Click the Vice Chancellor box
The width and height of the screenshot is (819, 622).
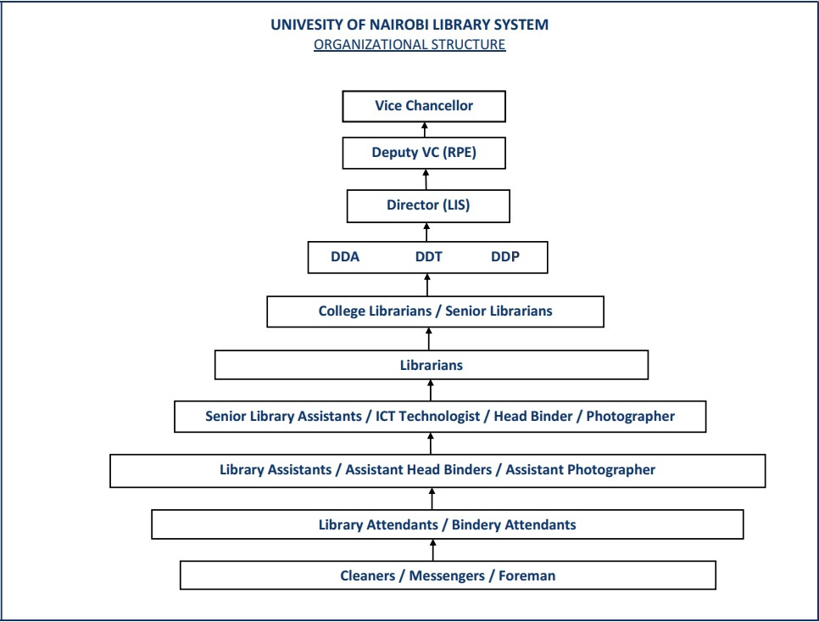coord(424,106)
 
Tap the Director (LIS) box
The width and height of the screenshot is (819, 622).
coord(428,205)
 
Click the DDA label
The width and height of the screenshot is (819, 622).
coord(345,257)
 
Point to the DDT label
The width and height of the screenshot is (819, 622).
coord(428,257)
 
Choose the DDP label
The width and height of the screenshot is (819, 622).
coord(505,257)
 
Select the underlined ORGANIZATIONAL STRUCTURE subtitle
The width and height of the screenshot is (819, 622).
coord(409,45)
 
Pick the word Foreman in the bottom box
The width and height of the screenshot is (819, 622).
coord(526,576)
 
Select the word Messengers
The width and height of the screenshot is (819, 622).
coord(446,576)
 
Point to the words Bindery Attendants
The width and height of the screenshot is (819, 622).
coord(514,524)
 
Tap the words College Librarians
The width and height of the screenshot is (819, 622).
coord(374,311)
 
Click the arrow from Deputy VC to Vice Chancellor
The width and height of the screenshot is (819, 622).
coord(426,130)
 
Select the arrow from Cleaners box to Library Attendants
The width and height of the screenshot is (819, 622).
coord(433,550)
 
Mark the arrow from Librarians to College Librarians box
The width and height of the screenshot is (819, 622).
coord(429,339)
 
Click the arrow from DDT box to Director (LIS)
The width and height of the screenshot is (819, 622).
coord(427,233)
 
